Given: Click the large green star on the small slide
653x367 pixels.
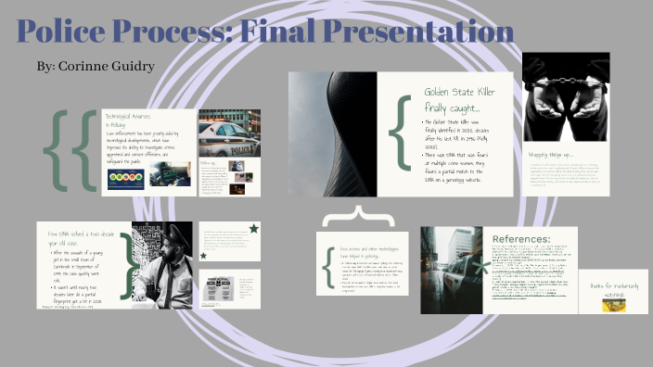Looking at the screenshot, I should point(252,229).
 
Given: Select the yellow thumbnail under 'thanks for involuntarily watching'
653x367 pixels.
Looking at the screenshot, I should point(612,303).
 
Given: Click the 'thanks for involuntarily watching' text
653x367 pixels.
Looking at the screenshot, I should point(612,288).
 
